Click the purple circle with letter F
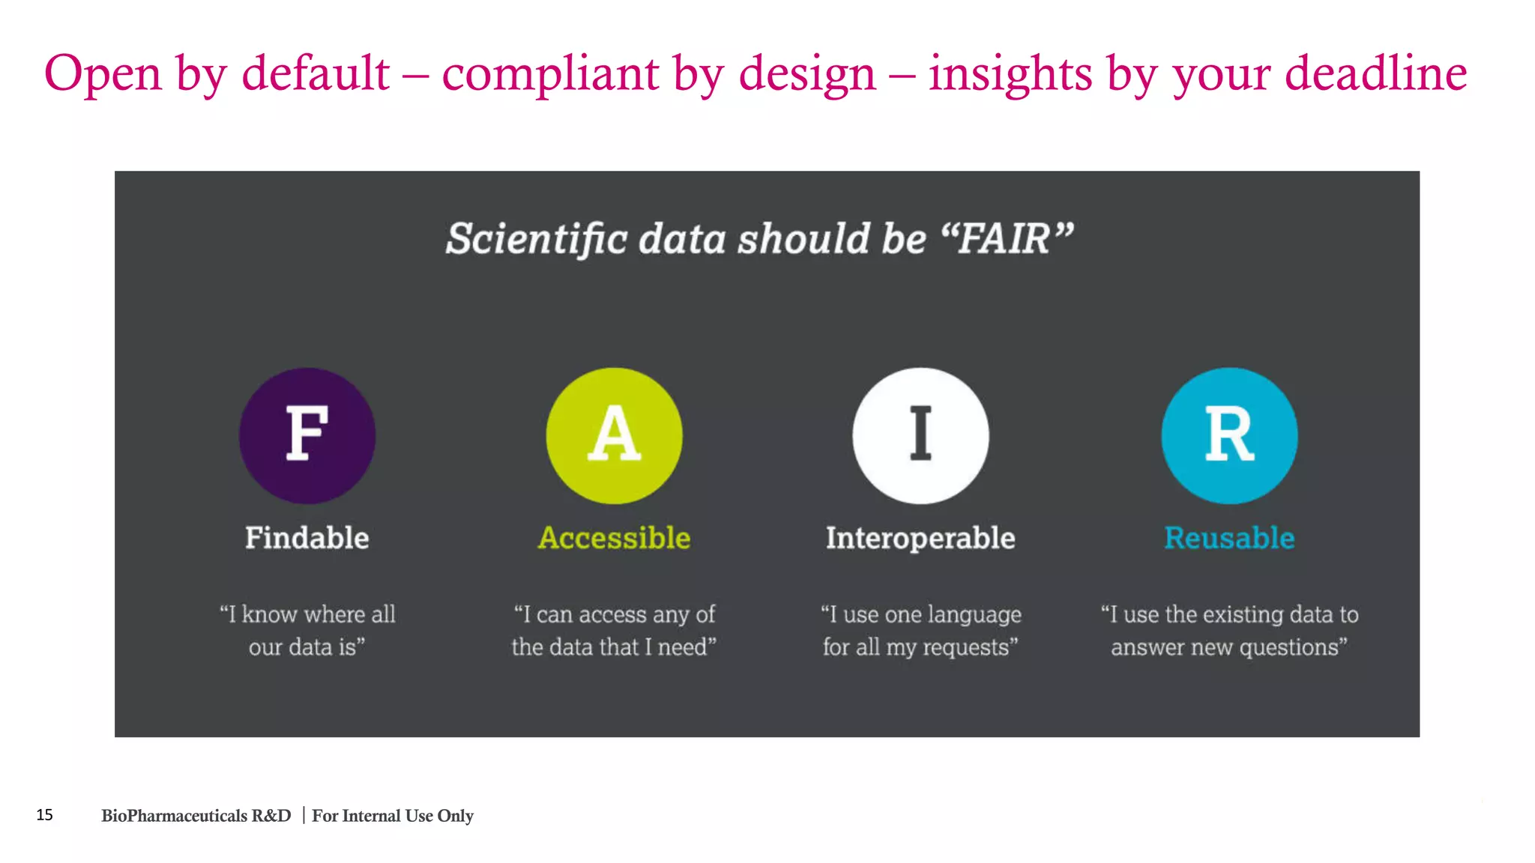(x=307, y=435)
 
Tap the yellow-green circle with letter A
(x=614, y=435)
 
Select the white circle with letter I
(x=920, y=435)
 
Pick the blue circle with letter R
(x=1229, y=435)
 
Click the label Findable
(x=307, y=538)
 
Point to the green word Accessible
(x=614, y=538)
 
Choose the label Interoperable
(x=920, y=538)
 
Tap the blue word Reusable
(x=1229, y=538)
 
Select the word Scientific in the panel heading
(x=537, y=239)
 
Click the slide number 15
(x=44, y=815)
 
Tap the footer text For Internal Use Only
(x=393, y=816)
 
